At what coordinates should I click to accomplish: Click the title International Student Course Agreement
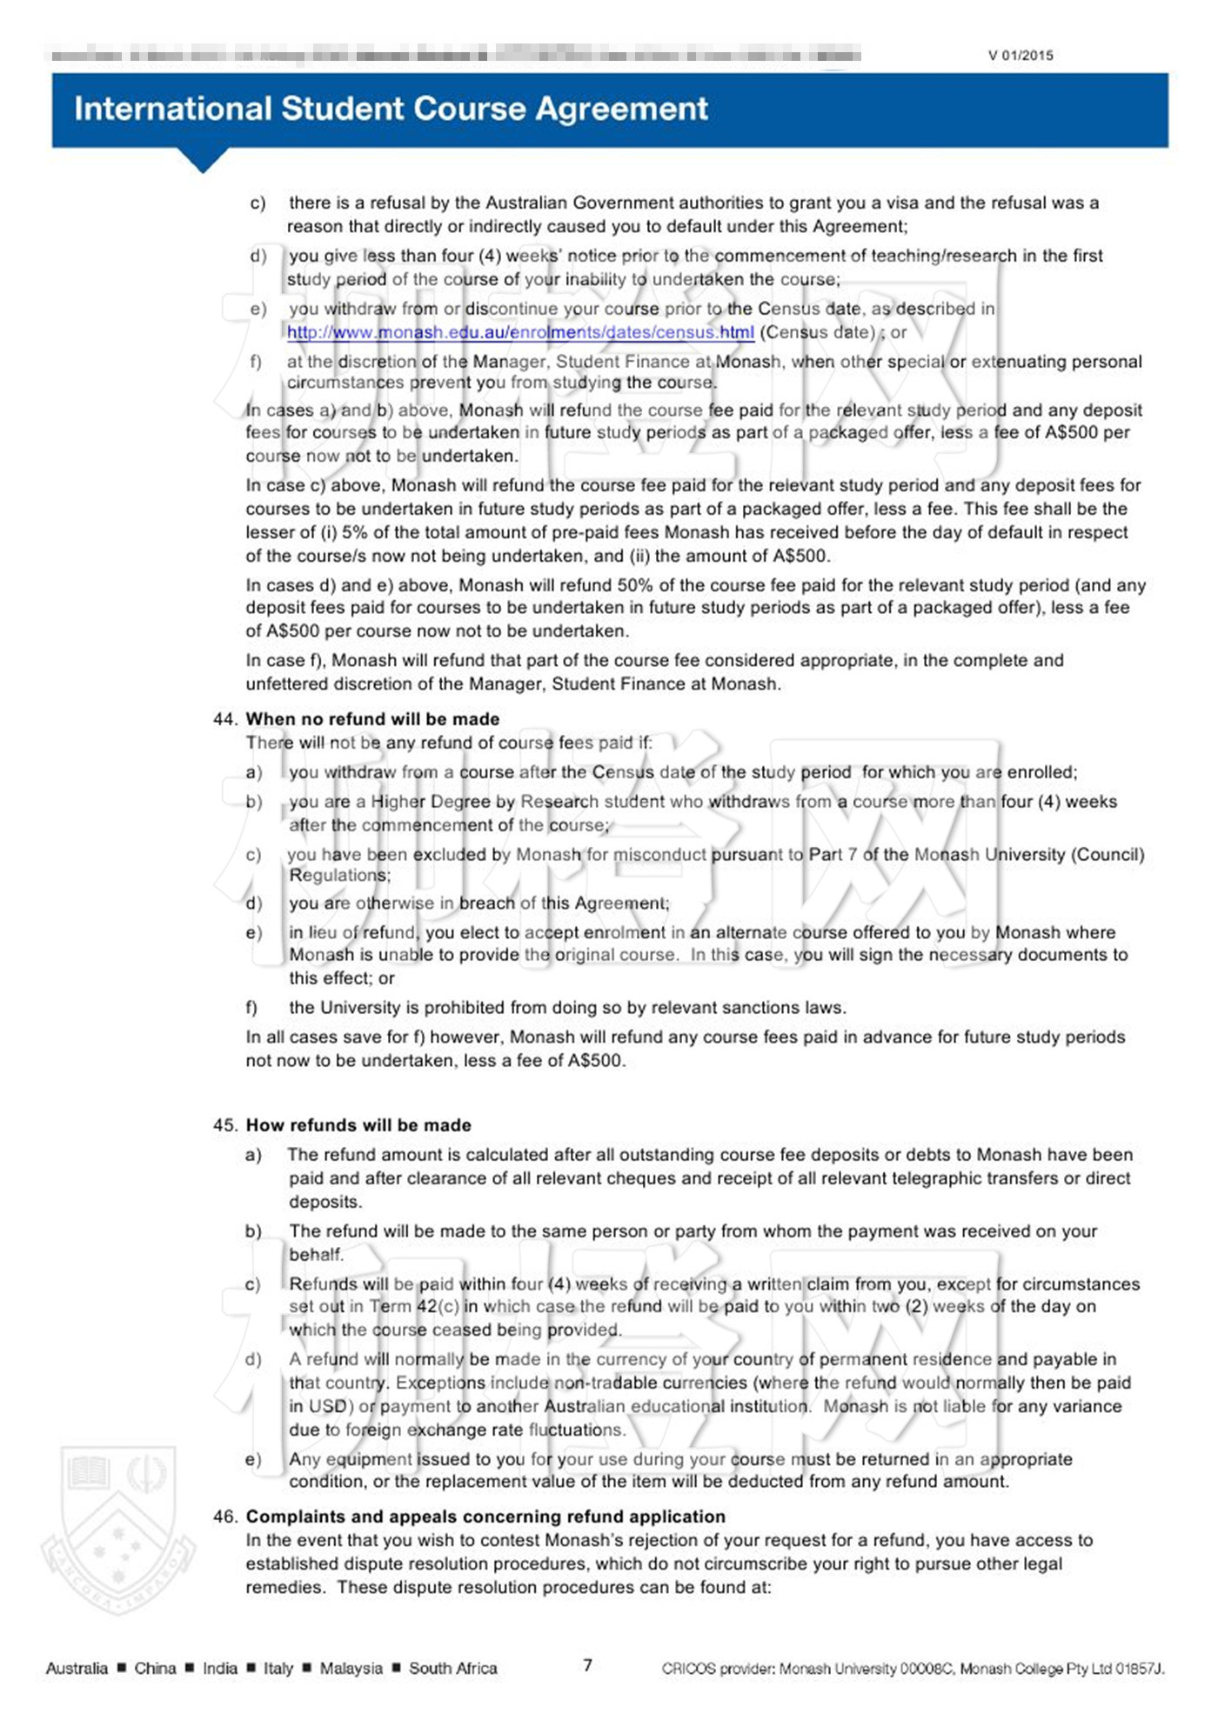(391, 109)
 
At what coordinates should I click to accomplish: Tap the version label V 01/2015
(1021, 56)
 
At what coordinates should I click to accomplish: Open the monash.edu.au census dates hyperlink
(520, 332)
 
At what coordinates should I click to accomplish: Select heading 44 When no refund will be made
(372, 719)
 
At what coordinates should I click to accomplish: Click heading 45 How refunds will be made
(358, 1125)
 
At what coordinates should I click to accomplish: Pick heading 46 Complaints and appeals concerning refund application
(485, 1517)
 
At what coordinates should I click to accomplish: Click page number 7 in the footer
(588, 1665)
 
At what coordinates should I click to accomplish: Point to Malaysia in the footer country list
(351, 1668)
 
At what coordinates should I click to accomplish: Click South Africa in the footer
(452, 1668)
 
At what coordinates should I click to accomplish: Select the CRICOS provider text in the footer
(913, 1668)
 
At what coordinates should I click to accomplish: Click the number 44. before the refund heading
(225, 719)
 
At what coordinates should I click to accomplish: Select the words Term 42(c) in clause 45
(414, 1306)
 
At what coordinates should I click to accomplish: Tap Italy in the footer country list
(278, 1668)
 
